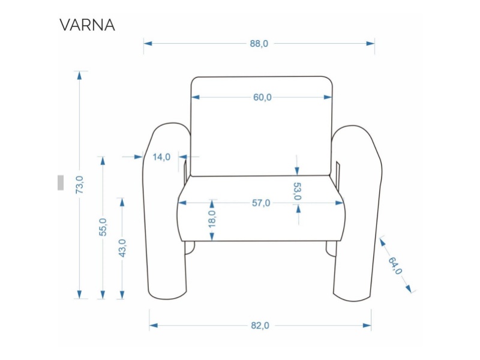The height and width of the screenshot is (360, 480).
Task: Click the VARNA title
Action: pyautogui.click(x=87, y=25)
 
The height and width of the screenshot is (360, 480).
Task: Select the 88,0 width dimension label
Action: pyautogui.click(x=259, y=43)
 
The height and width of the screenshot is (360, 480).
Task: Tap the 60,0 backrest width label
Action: pyautogui.click(x=262, y=97)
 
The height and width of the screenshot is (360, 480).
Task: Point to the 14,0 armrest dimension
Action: pyautogui.click(x=161, y=157)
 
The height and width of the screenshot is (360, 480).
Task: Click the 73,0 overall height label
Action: pyautogui.click(x=79, y=184)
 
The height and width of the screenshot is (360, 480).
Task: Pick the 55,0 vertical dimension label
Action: pyautogui.click(x=103, y=227)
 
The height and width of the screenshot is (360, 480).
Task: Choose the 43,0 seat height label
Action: pyautogui.click(x=122, y=248)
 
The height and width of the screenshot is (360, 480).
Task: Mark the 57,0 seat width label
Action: pyautogui.click(x=261, y=203)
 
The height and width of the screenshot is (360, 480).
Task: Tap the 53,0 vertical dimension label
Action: pyautogui.click(x=297, y=190)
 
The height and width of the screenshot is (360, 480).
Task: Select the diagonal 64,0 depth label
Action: pyautogui.click(x=395, y=265)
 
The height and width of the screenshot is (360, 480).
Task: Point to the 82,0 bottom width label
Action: pyautogui.click(x=260, y=325)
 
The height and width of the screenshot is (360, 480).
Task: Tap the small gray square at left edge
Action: pyautogui.click(x=61, y=182)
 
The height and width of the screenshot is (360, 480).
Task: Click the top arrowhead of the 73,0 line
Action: pyautogui.click(x=79, y=75)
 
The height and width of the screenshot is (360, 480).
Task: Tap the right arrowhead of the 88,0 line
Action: pyautogui.click(x=371, y=43)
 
